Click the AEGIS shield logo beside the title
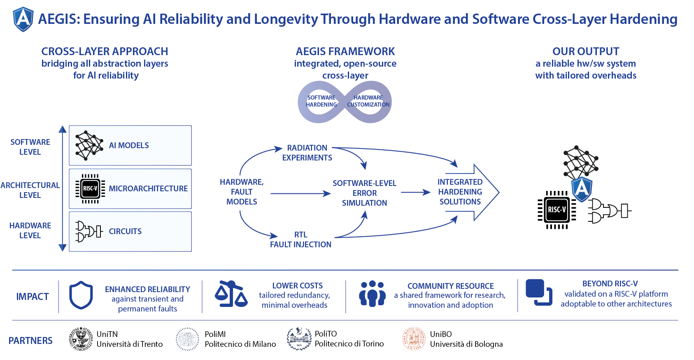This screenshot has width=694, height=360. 23,19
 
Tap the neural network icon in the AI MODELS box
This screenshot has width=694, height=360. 89,146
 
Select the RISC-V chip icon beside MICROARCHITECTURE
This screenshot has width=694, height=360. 90,188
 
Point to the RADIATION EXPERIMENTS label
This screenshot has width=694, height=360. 307,153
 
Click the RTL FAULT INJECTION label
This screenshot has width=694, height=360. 300,239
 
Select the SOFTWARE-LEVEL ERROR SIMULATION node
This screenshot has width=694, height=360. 364,193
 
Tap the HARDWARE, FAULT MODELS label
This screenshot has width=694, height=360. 242,192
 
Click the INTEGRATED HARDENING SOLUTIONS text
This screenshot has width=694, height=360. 460,192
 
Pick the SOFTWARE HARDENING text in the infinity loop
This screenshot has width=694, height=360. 321,101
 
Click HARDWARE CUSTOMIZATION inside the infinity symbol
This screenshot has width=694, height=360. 368,101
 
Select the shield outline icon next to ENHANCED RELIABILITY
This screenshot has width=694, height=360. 81,295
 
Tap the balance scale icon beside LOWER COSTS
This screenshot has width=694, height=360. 231,294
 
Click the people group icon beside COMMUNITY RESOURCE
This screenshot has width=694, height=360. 372,294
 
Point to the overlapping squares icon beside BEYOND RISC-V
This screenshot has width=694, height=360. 539,293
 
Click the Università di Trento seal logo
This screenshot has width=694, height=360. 81,339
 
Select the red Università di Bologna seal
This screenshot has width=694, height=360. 414,339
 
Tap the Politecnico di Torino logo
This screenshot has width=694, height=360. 299,339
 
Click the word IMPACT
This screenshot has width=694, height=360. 33,297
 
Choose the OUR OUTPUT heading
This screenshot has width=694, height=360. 586,51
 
